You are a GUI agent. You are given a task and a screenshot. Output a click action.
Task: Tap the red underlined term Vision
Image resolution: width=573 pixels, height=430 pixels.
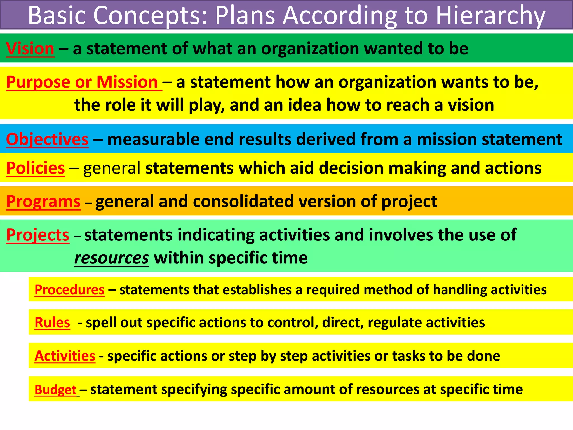[x=30, y=49]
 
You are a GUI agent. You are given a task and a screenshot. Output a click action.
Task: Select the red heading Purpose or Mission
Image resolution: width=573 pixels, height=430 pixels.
[x=82, y=82]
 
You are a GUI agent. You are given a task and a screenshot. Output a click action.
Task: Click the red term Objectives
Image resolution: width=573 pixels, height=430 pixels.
[x=47, y=139]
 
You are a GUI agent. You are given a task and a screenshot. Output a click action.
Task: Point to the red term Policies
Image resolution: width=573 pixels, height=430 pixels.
[x=36, y=168]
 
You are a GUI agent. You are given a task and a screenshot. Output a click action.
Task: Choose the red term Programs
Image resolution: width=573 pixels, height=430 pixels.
[x=43, y=202]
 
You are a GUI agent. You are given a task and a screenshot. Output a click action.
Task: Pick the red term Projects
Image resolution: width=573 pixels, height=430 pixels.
[x=37, y=235]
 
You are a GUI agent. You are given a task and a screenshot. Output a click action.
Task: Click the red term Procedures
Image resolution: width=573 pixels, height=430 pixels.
[x=69, y=289]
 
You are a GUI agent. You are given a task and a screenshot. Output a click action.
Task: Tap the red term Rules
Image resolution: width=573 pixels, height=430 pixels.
[x=52, y=322]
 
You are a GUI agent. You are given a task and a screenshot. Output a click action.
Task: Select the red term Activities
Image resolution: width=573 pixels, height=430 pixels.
[x=65, y=356]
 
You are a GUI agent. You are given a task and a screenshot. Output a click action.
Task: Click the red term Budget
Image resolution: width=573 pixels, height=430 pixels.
[x=55, y=390]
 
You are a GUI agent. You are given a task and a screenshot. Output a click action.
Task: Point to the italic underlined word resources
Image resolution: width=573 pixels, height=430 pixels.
[x=111, y=258]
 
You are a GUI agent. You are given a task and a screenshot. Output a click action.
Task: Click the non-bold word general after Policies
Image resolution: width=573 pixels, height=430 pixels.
[x=112, y=168]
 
